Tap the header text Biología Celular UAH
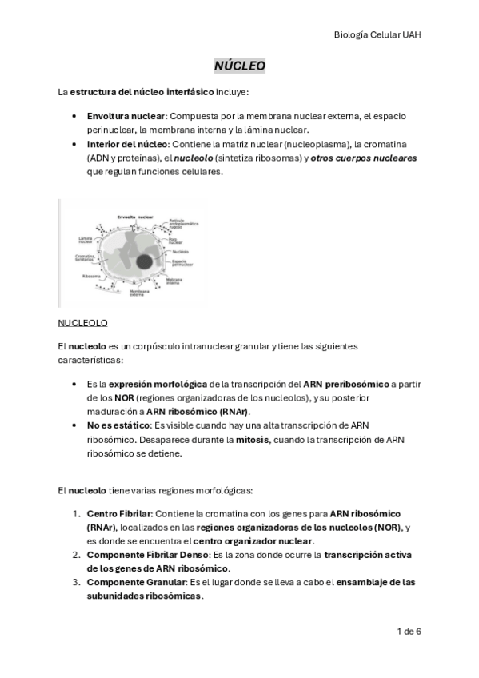(377, 34)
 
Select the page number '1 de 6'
(409, 631)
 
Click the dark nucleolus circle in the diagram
(145, 262)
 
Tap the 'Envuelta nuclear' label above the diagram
(134, 217)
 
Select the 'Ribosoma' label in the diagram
(89, 276)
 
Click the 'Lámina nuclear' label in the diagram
(87, 239)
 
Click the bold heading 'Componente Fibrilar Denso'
(146, 554)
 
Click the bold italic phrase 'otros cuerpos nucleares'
(364, 158)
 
